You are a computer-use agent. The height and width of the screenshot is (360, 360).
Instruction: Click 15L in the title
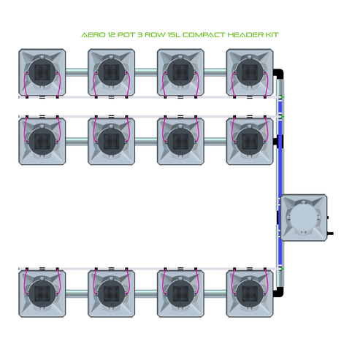pyautogui.click(x=175, y=35)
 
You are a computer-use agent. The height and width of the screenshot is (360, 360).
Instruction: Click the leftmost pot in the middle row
pyautogui.click(x=41, y=139)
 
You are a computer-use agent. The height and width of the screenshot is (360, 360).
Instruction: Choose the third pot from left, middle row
pyautogui.click(x=180, y=139)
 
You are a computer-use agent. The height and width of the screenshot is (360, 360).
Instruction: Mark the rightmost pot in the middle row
pyautogui.click(x=250, y=139)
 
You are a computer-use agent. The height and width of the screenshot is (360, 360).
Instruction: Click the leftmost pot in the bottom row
pyautogui.click(x=41, y=294)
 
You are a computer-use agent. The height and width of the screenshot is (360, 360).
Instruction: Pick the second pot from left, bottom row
pyautogui.click(x=111, y=294)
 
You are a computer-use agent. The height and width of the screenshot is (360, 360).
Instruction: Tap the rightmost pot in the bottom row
pyautogui.click(x=250, y=294)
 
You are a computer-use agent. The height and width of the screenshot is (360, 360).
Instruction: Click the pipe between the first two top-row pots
pyautogui.click(x=76, y=72)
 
